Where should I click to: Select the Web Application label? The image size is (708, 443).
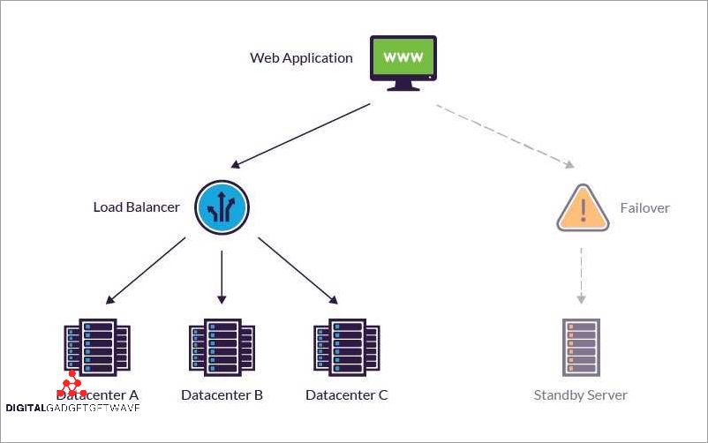301,58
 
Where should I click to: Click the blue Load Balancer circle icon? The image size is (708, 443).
222,208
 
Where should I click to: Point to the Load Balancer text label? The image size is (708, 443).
136,207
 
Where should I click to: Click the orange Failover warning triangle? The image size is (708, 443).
583,208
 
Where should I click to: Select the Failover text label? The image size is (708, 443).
644,208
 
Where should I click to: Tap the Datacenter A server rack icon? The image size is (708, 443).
97,346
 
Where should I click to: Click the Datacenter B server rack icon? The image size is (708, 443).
222,346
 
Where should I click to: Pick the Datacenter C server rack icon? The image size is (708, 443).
346,346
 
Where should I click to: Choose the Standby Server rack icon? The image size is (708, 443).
581,347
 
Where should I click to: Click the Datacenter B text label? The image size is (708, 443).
222,394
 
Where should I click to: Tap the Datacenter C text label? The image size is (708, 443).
346,394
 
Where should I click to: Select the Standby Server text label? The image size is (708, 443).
580,394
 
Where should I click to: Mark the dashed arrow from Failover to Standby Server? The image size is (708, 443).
581,274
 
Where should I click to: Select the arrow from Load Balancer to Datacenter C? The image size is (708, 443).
298,270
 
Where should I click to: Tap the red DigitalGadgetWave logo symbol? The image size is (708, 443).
72,385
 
